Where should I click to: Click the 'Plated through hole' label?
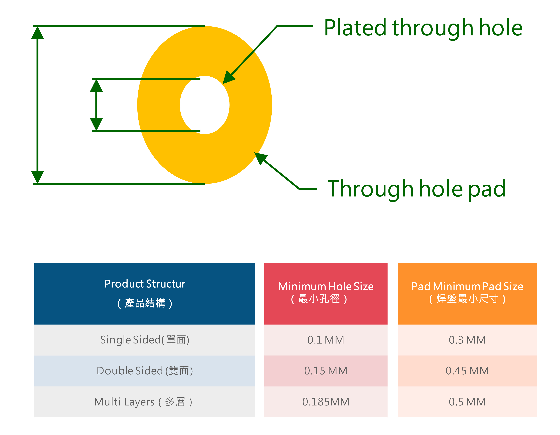(423, 28)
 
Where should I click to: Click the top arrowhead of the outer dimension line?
(37, 32)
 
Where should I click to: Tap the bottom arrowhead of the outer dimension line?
(37, 177)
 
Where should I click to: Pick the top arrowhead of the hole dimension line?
(96, 86)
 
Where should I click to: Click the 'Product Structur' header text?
(145, 284)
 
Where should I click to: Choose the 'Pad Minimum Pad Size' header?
(467, 286)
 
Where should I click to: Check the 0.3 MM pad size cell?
(467, 340)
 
